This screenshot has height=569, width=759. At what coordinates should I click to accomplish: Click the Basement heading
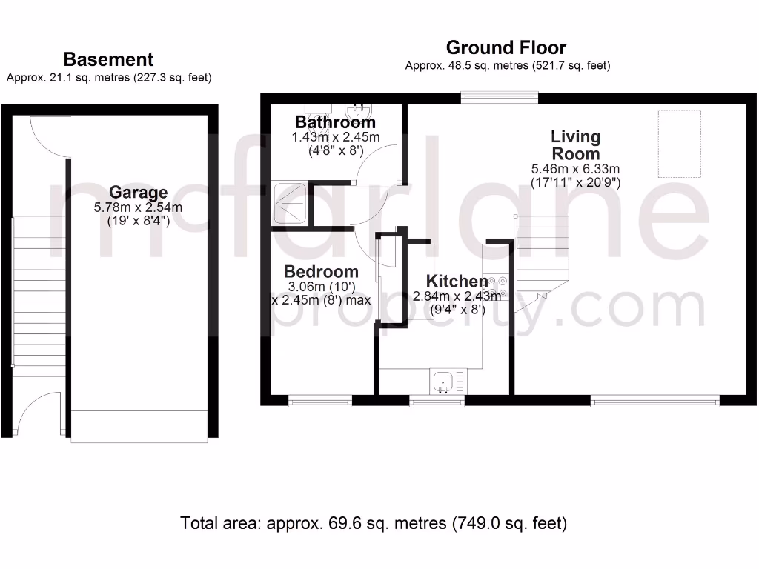tap(108, 59)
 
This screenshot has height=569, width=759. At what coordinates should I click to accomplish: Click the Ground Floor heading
tap(506, 48)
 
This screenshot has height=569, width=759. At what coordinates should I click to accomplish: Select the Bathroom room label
tap(335, 122)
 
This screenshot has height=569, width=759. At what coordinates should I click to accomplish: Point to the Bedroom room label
tap(321, 272)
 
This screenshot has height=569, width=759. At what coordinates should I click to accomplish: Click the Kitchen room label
tap(457, 282)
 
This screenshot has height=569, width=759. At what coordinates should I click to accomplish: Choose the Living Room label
tap(575, 145)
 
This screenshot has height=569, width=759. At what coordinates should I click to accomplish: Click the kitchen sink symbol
tap(443, 382)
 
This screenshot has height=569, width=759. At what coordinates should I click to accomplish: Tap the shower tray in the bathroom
tap(290, 202)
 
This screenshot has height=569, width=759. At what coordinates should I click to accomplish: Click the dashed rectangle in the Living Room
tap(679, 143)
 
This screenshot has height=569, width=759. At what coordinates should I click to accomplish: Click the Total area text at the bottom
tap(374, 524)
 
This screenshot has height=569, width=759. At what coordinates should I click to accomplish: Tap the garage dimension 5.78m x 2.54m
tap(139, 209)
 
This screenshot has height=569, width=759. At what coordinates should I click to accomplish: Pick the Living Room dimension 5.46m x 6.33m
tap(576, 169)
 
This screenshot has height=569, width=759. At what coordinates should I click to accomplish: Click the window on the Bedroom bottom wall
tap(319, 401)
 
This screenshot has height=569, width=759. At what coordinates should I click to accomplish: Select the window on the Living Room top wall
tap(498, 95)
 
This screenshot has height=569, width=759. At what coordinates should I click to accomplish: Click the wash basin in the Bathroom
tap(361, 112)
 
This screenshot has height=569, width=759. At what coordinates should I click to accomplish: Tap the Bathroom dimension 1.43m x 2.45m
tap(335, 137)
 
